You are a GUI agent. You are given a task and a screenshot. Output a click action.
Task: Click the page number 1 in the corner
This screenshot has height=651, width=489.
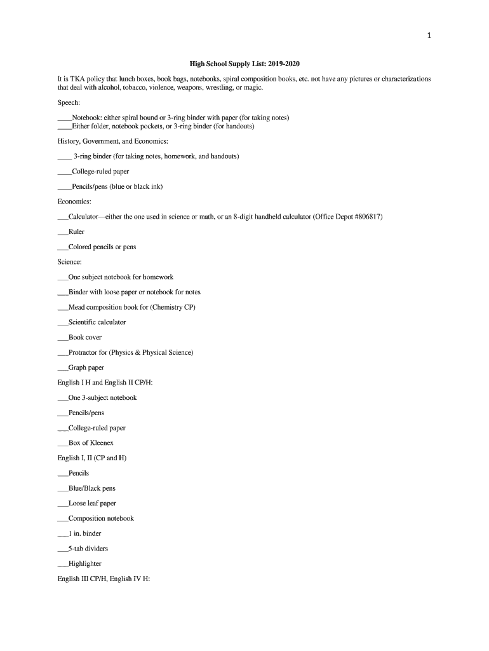[429, 36]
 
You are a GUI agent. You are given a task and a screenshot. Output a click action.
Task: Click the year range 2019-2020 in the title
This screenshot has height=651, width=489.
[281, 64]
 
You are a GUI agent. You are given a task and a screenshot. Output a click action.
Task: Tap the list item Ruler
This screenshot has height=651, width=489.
[76, 232]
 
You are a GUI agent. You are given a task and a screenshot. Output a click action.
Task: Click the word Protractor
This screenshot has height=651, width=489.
[83, 352]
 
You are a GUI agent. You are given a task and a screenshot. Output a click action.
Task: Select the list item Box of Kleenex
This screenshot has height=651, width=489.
[91, 443]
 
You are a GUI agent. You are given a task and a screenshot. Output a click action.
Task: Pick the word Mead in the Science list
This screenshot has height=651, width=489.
[76, 307]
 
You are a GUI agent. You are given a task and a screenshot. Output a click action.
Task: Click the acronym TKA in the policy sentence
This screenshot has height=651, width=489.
[79, 79]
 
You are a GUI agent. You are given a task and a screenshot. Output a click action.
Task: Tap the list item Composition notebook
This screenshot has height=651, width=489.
[101, 519]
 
